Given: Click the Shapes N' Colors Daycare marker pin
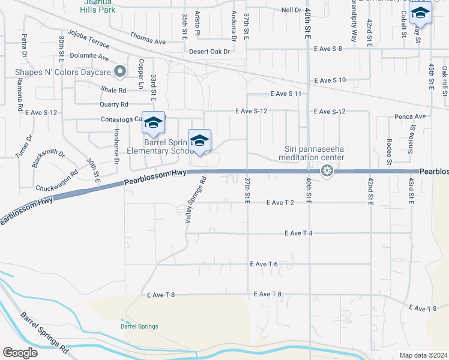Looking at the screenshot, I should click(120, 72).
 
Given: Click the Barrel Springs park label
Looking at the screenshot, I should click(139, 326).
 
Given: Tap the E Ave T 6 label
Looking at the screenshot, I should click(264, 264).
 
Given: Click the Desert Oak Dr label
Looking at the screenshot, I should click(209, 52).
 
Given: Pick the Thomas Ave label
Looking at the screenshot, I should click(147, 41).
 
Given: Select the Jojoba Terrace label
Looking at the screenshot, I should click(89, 38).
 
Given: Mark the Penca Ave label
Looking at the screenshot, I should click(410, 116).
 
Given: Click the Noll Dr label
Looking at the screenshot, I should click(291, 10).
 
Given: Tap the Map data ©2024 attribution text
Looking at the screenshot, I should click(424, 355).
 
